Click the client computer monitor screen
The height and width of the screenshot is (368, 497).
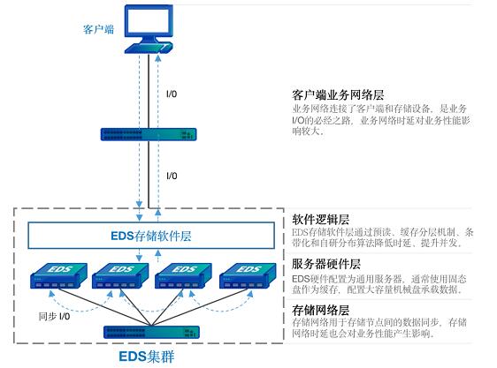click(149, 20)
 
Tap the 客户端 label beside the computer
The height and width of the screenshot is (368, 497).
click(98, 29)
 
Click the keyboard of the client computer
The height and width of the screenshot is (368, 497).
click(149, 49)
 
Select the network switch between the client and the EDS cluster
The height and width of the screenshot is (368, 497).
click(149, 134)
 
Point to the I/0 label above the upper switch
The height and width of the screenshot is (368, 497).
click(172, 94)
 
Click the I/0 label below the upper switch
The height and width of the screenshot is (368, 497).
click(172, 176)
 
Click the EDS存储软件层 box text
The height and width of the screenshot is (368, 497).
click(151, 236)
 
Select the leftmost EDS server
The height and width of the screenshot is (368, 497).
click(58, 275)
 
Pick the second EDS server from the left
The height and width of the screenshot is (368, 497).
click(120, 275)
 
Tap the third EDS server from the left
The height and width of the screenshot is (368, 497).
click(184, 275)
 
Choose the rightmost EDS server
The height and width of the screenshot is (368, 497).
click(248, 275)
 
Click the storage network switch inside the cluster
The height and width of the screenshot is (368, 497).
click(151, 332)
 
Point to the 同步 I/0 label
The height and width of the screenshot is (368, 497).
click(54, 316)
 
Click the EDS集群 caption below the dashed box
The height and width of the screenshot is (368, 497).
click(147, 357)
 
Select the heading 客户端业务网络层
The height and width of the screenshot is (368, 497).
click(338, 95)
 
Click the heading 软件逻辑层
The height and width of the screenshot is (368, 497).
click(320, 219)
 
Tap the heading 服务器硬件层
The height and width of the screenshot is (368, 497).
click(326, 264)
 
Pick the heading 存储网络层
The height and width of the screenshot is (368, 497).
click(320, 310)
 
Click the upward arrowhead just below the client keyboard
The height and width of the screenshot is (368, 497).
click(158, 58)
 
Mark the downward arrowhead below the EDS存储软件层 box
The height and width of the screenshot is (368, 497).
click(139, 258)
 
